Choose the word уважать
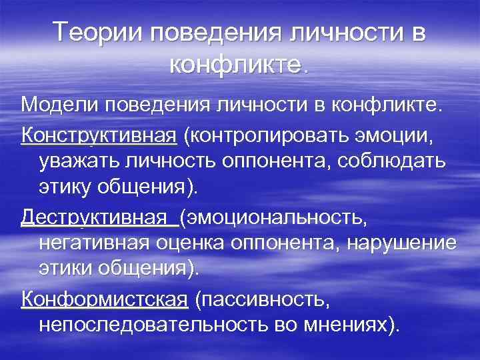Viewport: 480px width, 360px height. point(82,162)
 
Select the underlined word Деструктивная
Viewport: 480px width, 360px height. point(93,219)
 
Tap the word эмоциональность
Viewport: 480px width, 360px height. point(282,219)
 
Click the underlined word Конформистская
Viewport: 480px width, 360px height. point(105,301)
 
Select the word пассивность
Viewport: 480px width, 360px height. point(261,301)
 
